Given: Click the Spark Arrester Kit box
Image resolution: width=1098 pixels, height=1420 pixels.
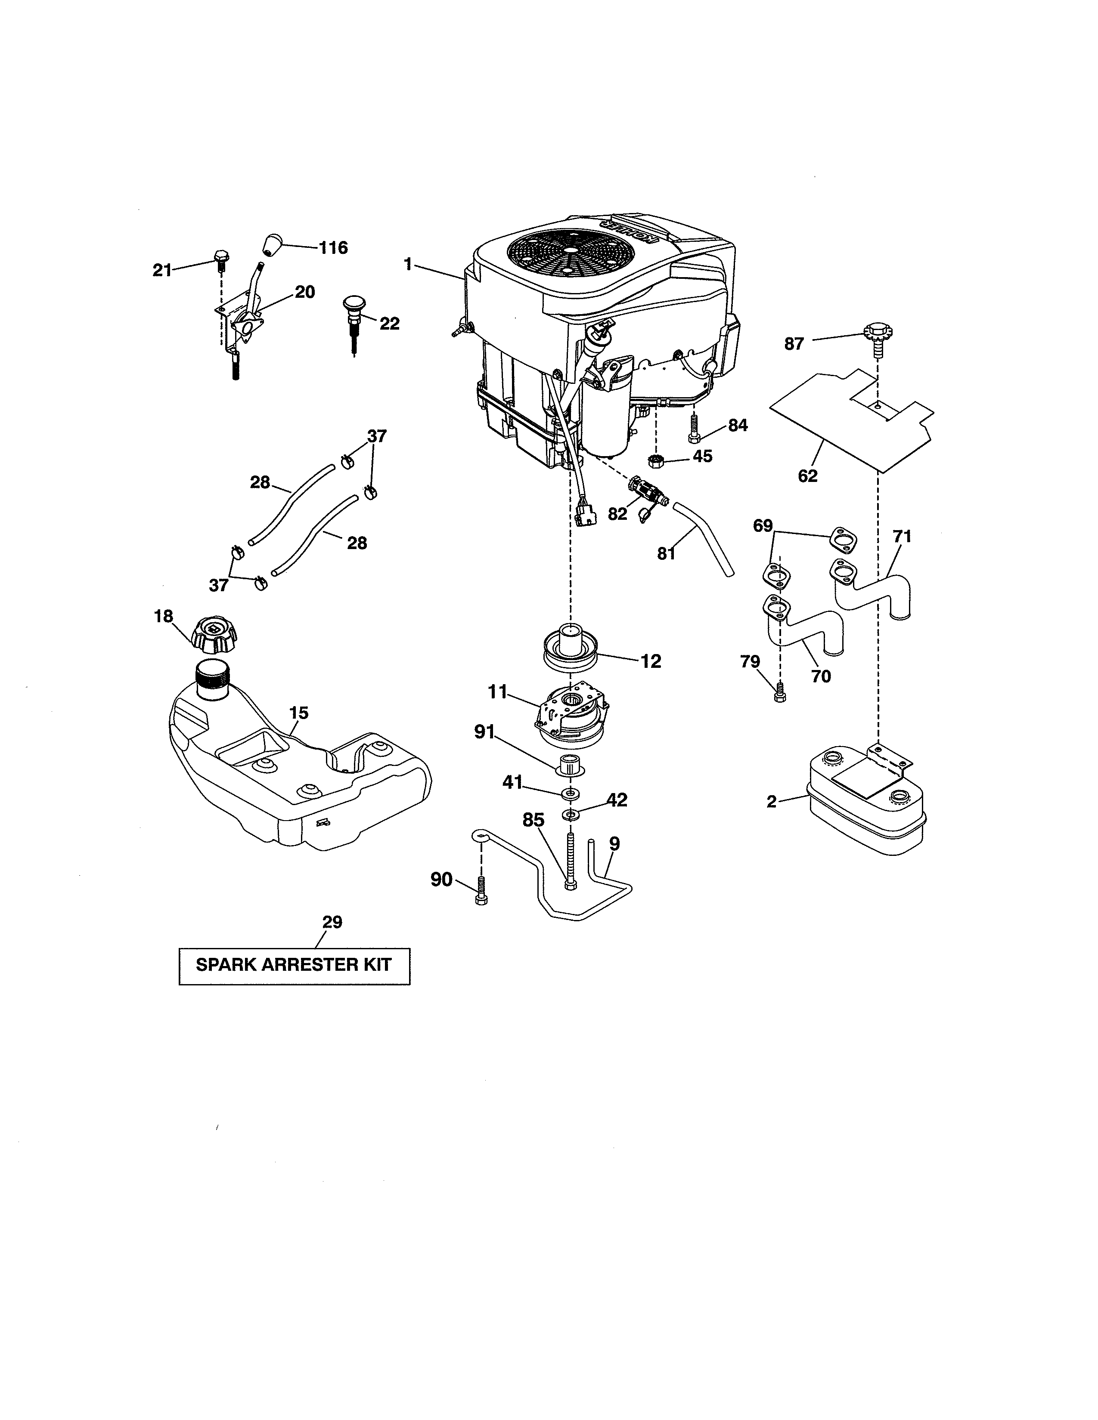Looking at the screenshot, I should pyautogui.click(x=294, y=966).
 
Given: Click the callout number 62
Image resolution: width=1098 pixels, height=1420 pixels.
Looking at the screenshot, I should pyautogui.click(x=807, y=476).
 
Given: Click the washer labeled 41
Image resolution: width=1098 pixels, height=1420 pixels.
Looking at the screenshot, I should pyautogui.click(x=571, y=794).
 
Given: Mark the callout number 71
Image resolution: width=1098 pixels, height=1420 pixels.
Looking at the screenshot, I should pyautogui.click(x=902, y=537).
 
